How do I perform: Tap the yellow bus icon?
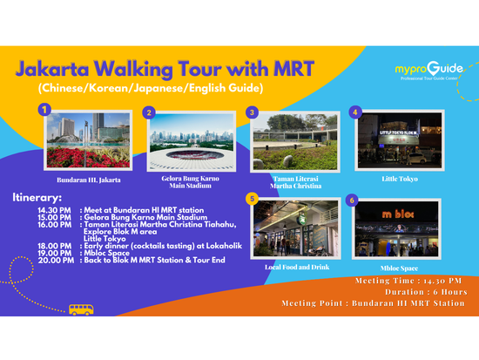coord(81,309)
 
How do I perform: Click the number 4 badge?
coord(354,112)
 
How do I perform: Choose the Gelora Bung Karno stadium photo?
coord(186,145)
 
